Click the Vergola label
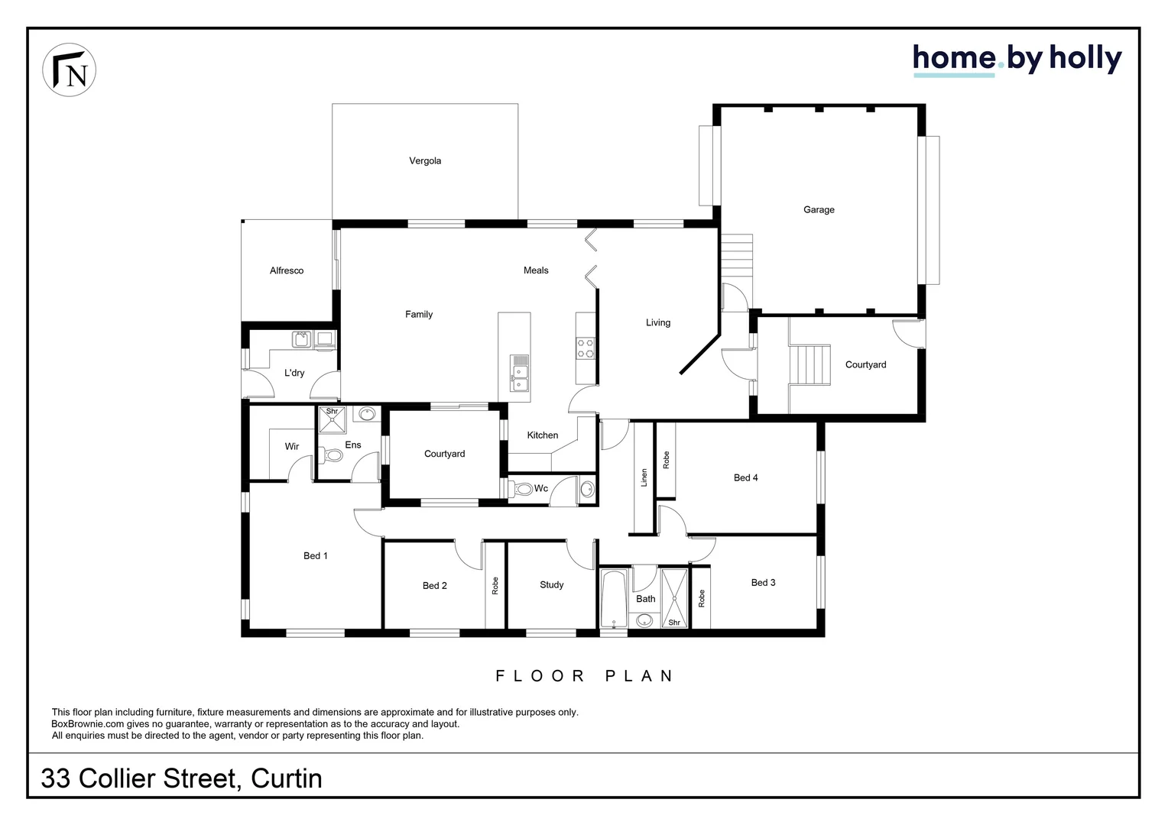click(425, 161)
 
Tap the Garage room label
click(819, 210)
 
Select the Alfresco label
click(287, 271)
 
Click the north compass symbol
click(70, 70)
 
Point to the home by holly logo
click(1017, 60)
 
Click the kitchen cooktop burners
click(586, 348)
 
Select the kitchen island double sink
click(521, 373)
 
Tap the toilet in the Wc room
click(522, 489)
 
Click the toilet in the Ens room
click(333, 455)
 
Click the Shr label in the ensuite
click(332, 412)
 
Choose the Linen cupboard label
click(644, 477)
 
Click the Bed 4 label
click(745, 478)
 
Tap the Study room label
click(551, 585)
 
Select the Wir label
click(292, 447)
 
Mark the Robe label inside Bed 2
click(495, 586)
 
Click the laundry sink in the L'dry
click(301, 338)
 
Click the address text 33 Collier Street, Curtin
click(182, 778)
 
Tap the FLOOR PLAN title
click(585, 676)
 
